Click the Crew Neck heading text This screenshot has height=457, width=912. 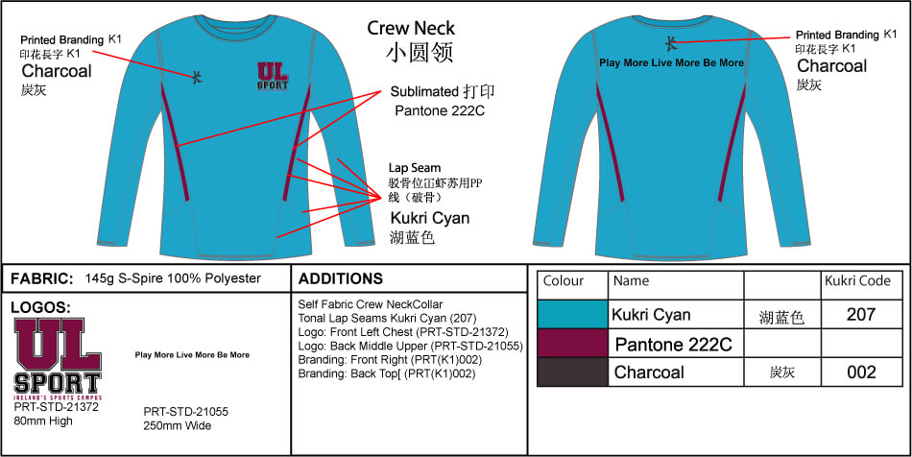point(411,28)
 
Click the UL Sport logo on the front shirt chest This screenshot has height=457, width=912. point(272,78)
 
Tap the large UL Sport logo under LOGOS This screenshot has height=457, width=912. point(58,358)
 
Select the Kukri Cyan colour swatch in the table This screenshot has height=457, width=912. point(572,315)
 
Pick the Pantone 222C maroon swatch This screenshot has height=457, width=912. point(572,343)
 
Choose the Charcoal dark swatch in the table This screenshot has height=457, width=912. point(572,372)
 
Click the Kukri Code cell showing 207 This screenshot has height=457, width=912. point(861,314)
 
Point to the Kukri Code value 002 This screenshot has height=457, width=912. point(861,373)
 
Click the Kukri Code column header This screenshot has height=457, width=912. point(857,281)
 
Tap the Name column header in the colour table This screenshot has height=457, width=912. point(631,281)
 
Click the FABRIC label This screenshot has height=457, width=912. point(41,279)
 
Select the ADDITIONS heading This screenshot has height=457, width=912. point(341,279)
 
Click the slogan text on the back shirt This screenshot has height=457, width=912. point(671,62)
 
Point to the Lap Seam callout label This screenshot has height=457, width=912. point(415,168)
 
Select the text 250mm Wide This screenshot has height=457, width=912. point(177,425)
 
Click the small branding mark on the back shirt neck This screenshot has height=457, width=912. point(671,41)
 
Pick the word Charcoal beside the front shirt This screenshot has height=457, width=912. point(57,71)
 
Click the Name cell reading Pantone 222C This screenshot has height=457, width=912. point(673,344)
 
